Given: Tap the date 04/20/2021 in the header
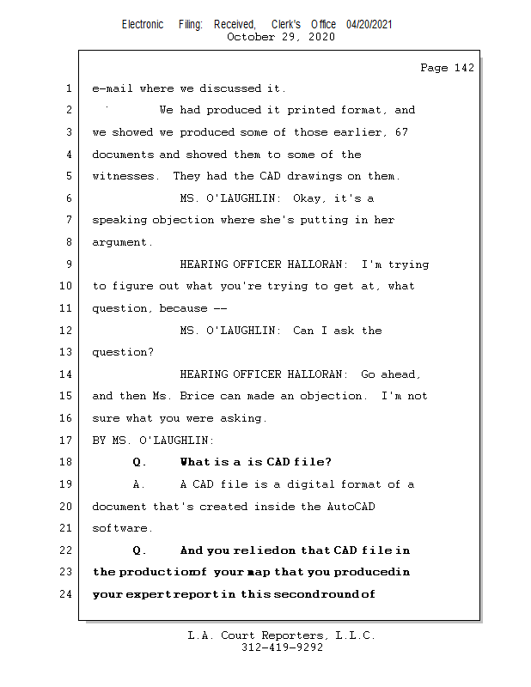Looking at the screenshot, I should pyautogui.click(x=369, y=25).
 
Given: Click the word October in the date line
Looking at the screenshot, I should pyautogui.click(x=250, y=37).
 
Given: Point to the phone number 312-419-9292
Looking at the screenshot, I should pyautogui.click(x=282, y=648).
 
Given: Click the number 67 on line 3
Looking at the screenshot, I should pyautogui.click(x=401, y=132).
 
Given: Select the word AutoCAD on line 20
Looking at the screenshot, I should pyautogui.click(x=351, y=507).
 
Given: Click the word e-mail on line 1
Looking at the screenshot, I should pyautogui.click(x=112, y=88).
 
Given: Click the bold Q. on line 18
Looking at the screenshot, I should pyautogui.click(x=140, y=463).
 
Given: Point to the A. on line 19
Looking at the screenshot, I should pyautogui.click(x=140, y=484).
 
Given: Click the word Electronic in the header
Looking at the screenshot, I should pyautogui.click(x=143, y=25).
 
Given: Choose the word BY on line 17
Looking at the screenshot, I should pyautogui.click(x=99, y=441).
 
